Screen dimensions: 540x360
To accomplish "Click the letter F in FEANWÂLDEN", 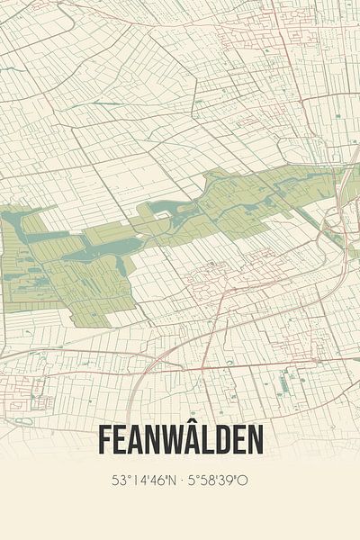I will [x=103, y=441].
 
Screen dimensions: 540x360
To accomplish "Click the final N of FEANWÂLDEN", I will [x=256, y=441].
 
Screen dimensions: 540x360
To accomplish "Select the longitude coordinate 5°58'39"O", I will [x=217, y=481].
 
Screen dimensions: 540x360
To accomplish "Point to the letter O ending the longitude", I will [x=243, y=481].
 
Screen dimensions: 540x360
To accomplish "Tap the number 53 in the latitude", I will [x=118, y=481].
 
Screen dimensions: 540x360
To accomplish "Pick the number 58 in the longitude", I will [x=206, y=481].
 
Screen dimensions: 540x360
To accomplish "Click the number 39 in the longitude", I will [x=226, y=481].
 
